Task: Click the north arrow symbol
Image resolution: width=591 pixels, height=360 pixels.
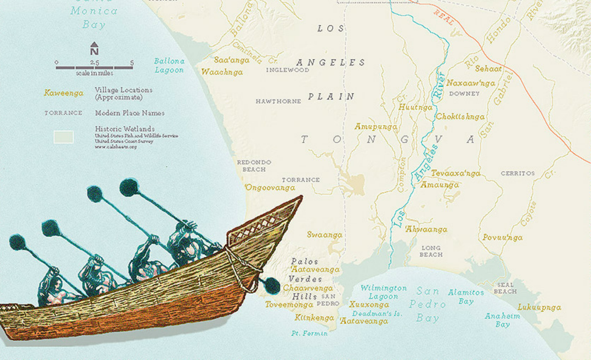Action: (94, 48)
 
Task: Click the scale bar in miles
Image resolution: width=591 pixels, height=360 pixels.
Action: (94, 67)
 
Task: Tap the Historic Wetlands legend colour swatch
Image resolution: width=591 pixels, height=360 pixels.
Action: (63, 137)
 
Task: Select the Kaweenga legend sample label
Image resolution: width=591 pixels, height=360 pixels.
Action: (64, 93)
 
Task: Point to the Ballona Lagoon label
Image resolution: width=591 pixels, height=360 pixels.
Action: (169, 66)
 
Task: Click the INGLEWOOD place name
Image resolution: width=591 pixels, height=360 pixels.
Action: (287, 70)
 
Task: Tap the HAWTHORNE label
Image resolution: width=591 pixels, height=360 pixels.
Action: (278, 101)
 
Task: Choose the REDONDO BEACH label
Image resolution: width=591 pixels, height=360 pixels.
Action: (254, 166)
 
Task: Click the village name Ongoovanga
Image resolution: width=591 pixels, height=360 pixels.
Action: (270, 188)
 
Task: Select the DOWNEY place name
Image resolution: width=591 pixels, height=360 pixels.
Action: (464, 94)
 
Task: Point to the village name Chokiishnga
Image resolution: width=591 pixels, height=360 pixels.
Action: (460, 117)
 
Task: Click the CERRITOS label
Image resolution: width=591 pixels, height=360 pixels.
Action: (518, 173)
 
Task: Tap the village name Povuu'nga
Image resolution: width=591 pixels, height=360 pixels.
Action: (502, 238)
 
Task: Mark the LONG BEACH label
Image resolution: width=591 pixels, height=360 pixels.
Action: (431, 251)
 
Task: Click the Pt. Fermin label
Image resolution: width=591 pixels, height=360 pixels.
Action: (309, 333)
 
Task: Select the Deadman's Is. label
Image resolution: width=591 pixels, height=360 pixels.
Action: (377, 314)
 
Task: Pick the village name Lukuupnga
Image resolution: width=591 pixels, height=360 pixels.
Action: (539, 308)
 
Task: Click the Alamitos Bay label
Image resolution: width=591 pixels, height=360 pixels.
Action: (466, 297)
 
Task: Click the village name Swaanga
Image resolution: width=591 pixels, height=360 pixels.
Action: (324, 235)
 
